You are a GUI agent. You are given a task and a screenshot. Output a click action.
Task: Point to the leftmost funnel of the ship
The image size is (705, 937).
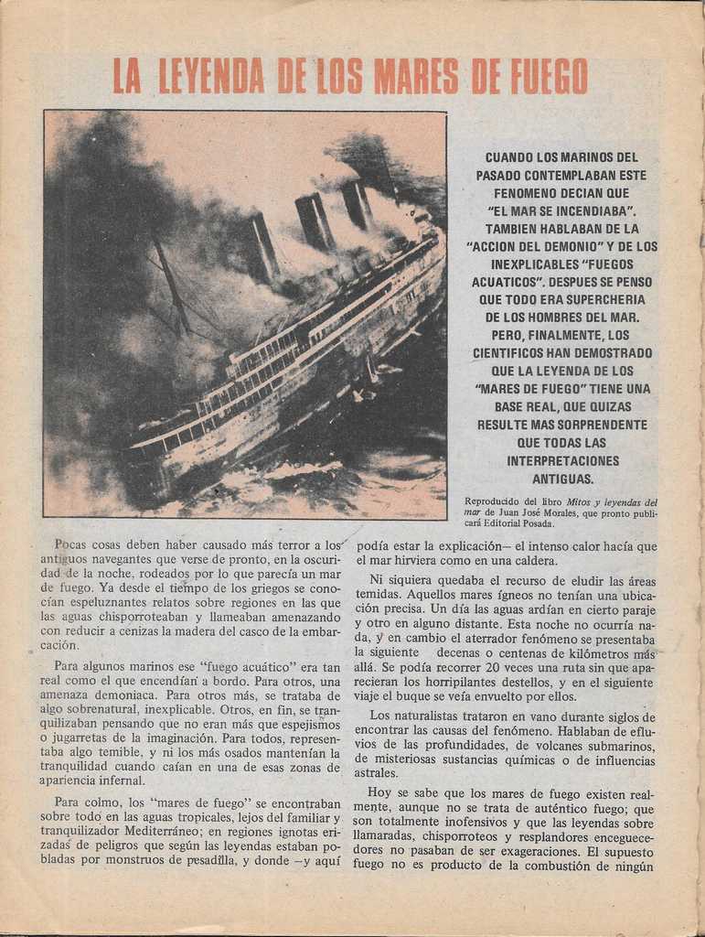click(x=264, y=245)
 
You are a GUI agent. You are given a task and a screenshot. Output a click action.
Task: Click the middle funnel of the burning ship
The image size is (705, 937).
click(x=314, y=221)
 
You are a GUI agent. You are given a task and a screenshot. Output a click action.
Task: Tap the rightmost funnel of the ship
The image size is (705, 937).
click(x=357, y=204)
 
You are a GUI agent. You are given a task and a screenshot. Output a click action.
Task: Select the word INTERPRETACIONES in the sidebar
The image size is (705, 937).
click(x=563, y=460)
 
